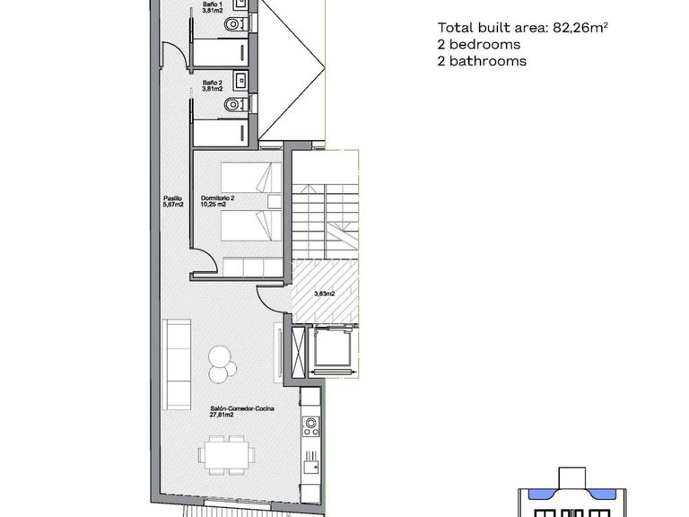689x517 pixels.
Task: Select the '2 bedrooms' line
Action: pyautogui.click(x=478, y=44)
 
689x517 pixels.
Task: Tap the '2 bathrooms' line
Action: pyautogui.click(x=482, y=61)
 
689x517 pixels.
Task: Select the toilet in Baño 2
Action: pyautogui.click(x=233, y=106)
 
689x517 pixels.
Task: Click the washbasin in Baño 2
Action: pyautogui.click(x=240, y=80)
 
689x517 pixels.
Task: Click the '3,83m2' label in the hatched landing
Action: pyautogui.click(x=324, y=294)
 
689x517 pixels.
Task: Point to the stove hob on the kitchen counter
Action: pyautogui.click(x=311, y=425)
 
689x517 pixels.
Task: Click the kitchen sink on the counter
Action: pyautogui.click(x=311, y=466)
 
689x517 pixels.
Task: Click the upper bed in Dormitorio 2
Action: pyautogui.click(x=244, y=178)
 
